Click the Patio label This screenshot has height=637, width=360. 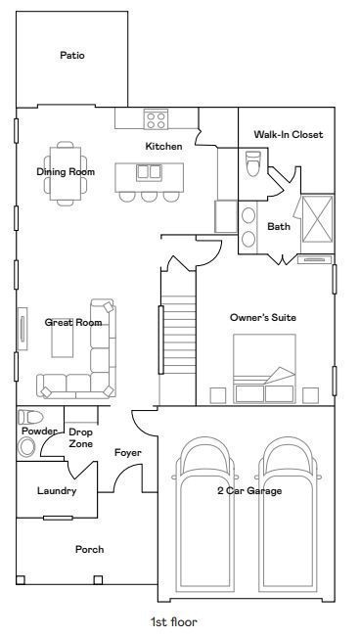click(x=72, y=56)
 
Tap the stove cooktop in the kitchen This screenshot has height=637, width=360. click(x=156, y=119)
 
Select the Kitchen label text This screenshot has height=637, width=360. click(x=163, y=147)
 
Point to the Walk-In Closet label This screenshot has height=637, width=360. click(x=288, y=135)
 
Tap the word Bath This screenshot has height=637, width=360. click(x=279, y=227)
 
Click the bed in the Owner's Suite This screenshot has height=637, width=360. click(x=263, y=369)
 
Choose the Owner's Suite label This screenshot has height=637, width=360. click(x=262, y=318)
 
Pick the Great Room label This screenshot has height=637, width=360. click(x=73, y=322)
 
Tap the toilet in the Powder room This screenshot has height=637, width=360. click(x=26, y=436)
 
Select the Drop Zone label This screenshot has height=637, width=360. click(x=81, y=437)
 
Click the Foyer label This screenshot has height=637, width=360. click(x=128, y=453)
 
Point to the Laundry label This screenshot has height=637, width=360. click(x=57, y=491)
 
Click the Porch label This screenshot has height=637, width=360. click(x=89, y=550)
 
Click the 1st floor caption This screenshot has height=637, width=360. click(x=173, y=621)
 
